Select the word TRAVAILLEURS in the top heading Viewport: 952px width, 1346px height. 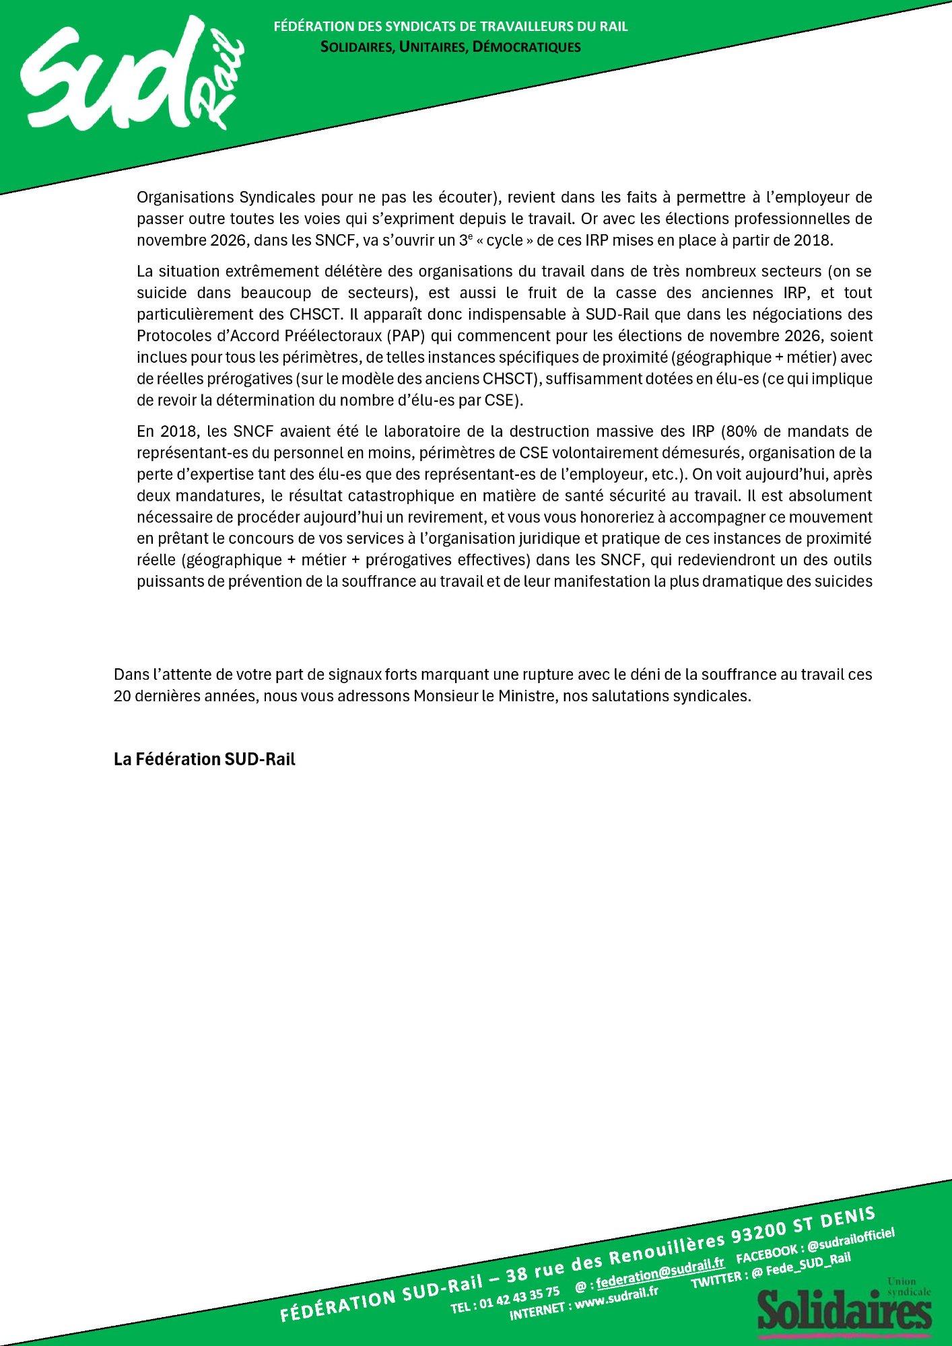point(524,26)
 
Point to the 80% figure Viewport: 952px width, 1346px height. point(741,431)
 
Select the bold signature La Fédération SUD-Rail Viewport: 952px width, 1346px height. point(205,759)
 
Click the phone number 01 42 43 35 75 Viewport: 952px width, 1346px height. point(519,1296)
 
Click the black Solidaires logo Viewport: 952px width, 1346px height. point(845,1309)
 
